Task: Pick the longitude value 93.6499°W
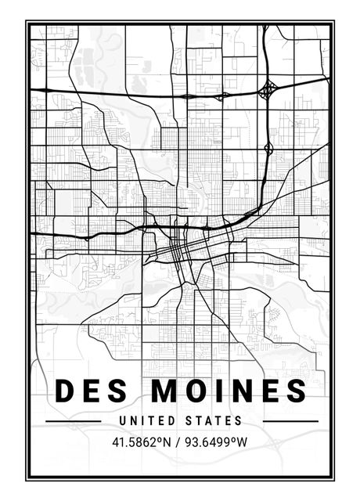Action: click(x=216, y=442)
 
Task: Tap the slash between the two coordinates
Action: click(x=179, y=442)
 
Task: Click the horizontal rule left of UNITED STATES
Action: click(x=74, y=421)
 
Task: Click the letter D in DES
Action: click(x=65, y=390)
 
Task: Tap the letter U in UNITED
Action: click(x=124, y=421)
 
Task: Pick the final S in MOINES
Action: click(x=296, y=390)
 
